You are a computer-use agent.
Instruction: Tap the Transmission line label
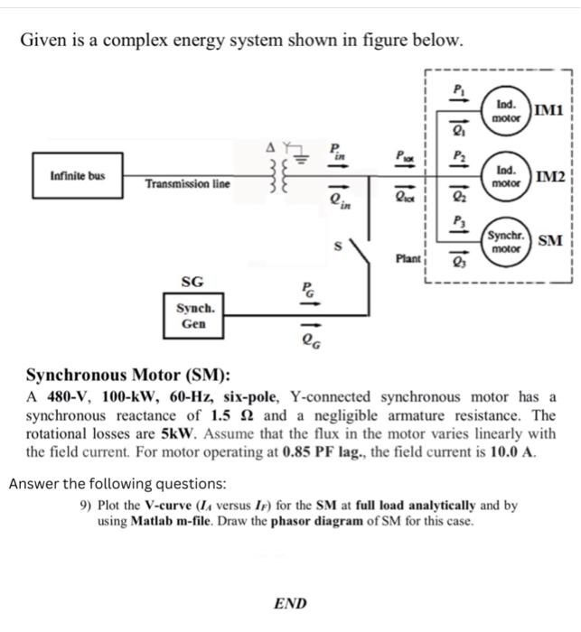coord(188,184)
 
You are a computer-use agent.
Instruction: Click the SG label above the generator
coord(192,283)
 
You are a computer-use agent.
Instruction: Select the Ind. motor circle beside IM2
coord(506,175)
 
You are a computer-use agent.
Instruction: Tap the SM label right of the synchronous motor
coord(549,240)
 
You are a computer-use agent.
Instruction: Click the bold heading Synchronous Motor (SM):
coord(127,376)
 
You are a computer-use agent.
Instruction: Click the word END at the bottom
coord(289,604)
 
